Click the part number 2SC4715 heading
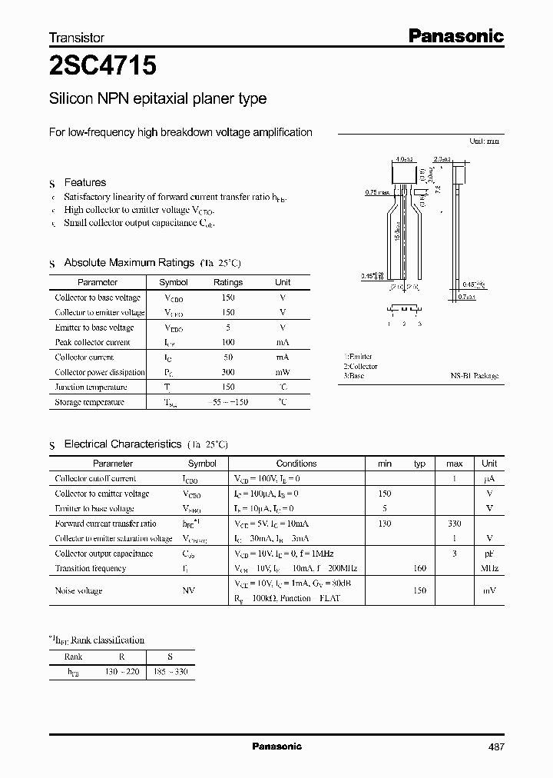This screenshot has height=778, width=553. [x=103, y=67]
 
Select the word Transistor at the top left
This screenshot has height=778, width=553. [x=76, y=37]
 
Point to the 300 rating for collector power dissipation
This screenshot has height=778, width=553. [x=228, y=372]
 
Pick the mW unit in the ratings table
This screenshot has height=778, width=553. [x=283, y=372]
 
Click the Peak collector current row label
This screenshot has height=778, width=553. [x=93, y=342]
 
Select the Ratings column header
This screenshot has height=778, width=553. [x=228, y=282]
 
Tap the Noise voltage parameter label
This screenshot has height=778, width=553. [x=78, y=590]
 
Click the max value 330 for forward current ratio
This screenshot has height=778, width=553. [x=454, y=524]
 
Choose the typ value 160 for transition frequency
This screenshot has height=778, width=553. [x=419, y=568]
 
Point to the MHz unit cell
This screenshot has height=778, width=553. [x=489, y=568]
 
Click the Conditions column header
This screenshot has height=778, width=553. [x=296, y=464]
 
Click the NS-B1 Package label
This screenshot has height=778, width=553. [x=474, y=376]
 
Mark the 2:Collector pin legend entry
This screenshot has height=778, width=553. [x=360, y=367]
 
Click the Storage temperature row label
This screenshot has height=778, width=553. [x=89, y=402]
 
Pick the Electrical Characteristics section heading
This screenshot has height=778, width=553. [x=123, y=444]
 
